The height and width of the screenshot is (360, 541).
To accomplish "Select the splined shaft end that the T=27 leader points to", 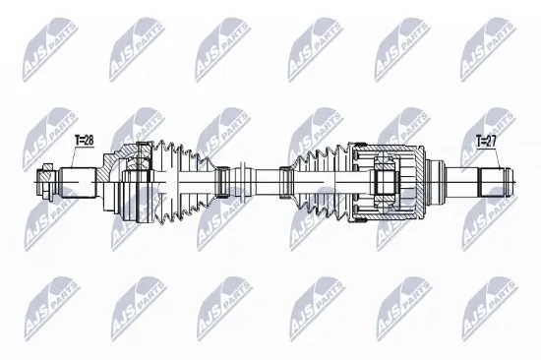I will click(x=495, y=180).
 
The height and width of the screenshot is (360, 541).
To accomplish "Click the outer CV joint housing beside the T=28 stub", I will click(x=125, y=181).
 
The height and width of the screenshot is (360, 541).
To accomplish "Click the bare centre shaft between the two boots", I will click(x=254, y=180).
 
